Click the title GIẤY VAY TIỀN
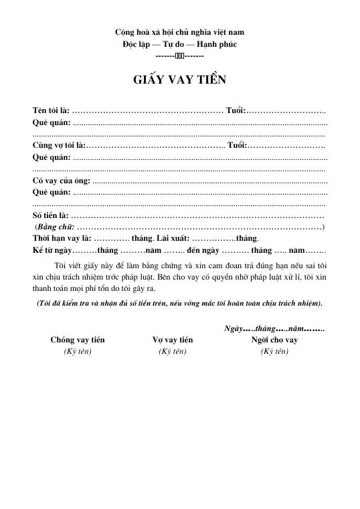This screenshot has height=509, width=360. (179, 80)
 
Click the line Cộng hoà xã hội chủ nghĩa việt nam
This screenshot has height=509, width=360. (179, 32)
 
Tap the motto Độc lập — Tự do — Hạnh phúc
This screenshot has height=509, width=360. (179, 44)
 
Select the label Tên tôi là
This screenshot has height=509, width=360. (50, 110)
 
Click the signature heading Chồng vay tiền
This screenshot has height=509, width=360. (78, 339)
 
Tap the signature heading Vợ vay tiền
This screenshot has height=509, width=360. (173, 339)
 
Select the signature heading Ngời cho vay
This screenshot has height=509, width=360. (274, 339)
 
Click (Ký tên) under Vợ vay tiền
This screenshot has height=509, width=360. (173, 350)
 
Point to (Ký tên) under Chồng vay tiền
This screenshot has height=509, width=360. (78, 350)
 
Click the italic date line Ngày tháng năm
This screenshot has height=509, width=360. (273, 328)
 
